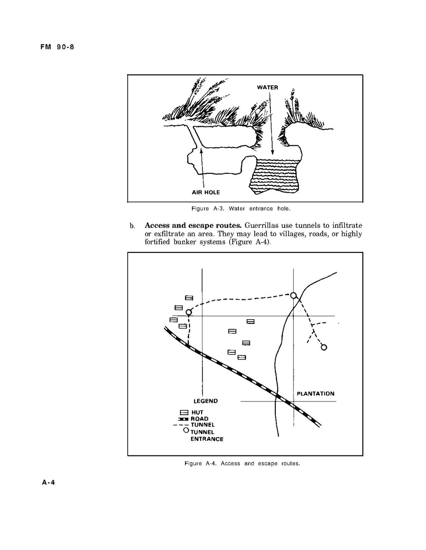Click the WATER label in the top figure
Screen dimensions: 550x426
pos(267,87)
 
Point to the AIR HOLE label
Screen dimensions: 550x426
pos(206,192)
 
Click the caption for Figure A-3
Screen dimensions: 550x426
pos(241,209)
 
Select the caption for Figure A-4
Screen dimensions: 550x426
pos(242,463)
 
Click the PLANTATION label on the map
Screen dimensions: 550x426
pos(315,394)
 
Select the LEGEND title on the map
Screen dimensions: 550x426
pos(205,401)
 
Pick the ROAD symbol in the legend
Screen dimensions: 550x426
pos(183,419)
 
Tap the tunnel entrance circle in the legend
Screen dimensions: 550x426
pos(186,430)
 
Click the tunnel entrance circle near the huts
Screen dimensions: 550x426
pos(188,312)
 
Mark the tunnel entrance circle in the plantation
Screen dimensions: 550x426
pos(324,347)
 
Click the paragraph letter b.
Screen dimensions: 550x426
pos(132,226)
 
